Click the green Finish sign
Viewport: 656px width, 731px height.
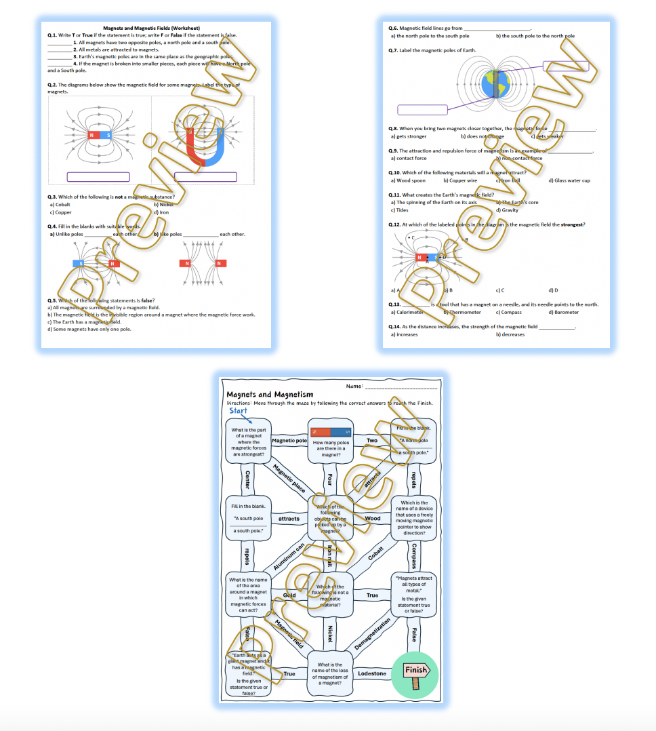pos(415,671)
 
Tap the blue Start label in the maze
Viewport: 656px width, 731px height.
pos(239,410)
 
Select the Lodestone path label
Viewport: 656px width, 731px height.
pos(371,673)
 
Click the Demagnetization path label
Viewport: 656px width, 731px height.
pos(373,635)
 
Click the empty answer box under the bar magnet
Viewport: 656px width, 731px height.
pos(98,177)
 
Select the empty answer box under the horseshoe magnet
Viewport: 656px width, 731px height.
pos(205,177)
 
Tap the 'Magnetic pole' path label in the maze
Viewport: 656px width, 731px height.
pos(289,440)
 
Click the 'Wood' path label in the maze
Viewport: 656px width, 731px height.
pos(373,518)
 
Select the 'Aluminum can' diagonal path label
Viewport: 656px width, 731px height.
pos(289,557)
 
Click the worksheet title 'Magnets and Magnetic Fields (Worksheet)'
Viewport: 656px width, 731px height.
pos(157,28)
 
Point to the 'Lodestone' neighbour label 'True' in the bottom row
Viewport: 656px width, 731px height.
pos(289,673)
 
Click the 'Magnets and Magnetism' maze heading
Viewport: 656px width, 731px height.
pos(270,394)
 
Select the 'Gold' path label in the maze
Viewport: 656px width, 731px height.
pos(289,595)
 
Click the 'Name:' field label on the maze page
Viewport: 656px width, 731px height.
pos(354,386)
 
